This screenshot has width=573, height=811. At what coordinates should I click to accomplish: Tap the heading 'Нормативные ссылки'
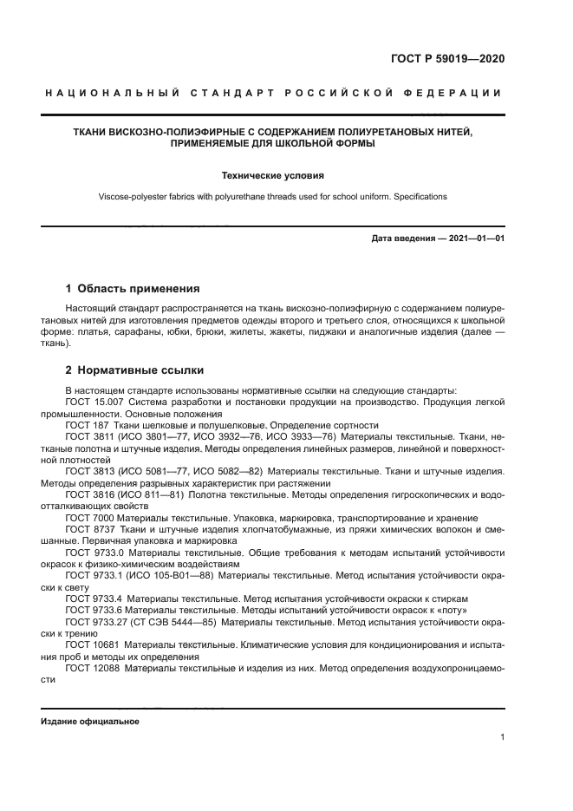click(x=136, y=370)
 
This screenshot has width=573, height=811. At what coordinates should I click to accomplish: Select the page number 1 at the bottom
click(x=502, y=737)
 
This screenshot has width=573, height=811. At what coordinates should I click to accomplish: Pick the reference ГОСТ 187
click(x=87, y=425)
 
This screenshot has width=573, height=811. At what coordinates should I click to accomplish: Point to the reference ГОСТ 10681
click(x=93, y=644)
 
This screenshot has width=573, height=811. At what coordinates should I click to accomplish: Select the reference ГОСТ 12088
click(x=93, y=668)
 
